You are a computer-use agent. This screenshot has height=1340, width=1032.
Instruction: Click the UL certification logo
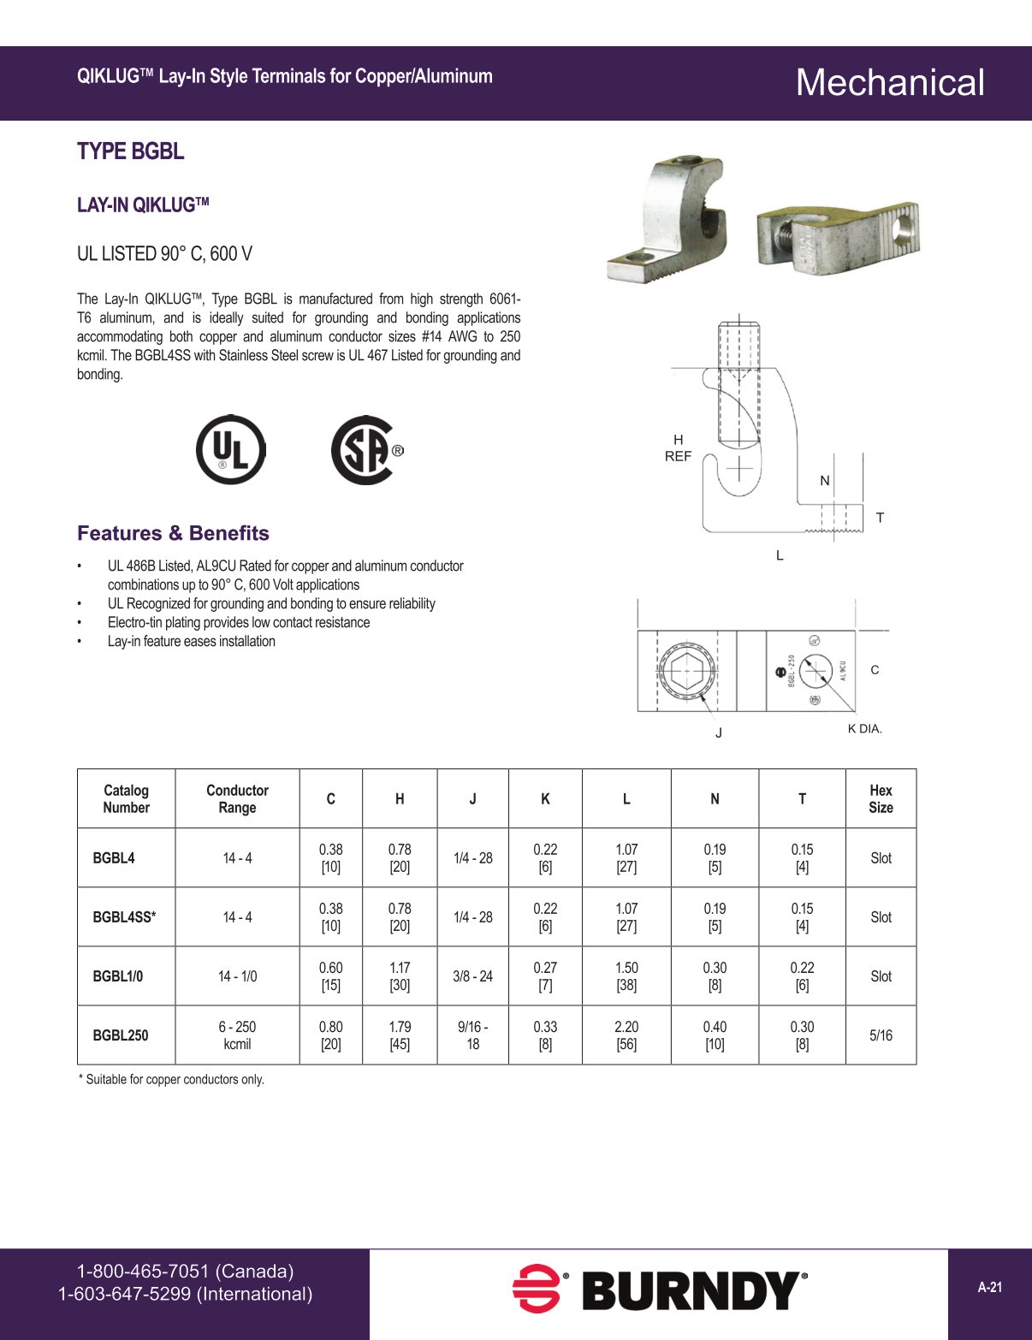pos(230,449)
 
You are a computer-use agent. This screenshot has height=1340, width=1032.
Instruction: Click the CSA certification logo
pos(366,450)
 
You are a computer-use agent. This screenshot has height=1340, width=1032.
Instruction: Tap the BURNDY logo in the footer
pos(660,1290)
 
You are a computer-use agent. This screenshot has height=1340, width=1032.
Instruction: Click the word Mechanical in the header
pos(890,83)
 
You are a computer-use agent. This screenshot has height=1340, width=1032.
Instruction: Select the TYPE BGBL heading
pos(131,151)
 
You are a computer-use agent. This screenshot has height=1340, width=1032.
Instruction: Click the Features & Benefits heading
pos(173,533)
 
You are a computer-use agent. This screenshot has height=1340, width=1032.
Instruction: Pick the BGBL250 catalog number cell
pos(121,1035)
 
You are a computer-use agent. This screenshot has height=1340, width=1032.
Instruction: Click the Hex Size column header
pos(881,799)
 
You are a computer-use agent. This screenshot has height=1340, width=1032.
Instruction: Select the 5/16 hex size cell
pos(881,1035)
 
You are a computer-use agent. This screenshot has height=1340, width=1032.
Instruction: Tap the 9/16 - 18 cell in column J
pos(472,1035)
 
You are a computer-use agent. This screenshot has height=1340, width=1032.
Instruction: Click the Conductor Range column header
pos(237,799)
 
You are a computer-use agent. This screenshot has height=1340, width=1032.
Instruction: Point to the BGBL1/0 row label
pos(118,976)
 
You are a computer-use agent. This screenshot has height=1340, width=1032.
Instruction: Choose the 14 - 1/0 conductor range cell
pos(237,976)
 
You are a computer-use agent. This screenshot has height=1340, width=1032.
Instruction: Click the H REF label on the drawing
pos(678,448)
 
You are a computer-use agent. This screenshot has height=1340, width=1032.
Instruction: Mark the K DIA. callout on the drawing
pos(864,729)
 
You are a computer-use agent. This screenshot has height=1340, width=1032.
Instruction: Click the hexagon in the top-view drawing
pos(686,671)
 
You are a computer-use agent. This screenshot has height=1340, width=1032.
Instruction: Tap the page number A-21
pos(990,1287)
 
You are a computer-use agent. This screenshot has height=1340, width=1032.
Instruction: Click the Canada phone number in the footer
pos(185,1272)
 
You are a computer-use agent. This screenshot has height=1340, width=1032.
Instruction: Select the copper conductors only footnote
pos(171,1080)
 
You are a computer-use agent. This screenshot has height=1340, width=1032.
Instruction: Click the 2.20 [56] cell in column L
pos(626,1035)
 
